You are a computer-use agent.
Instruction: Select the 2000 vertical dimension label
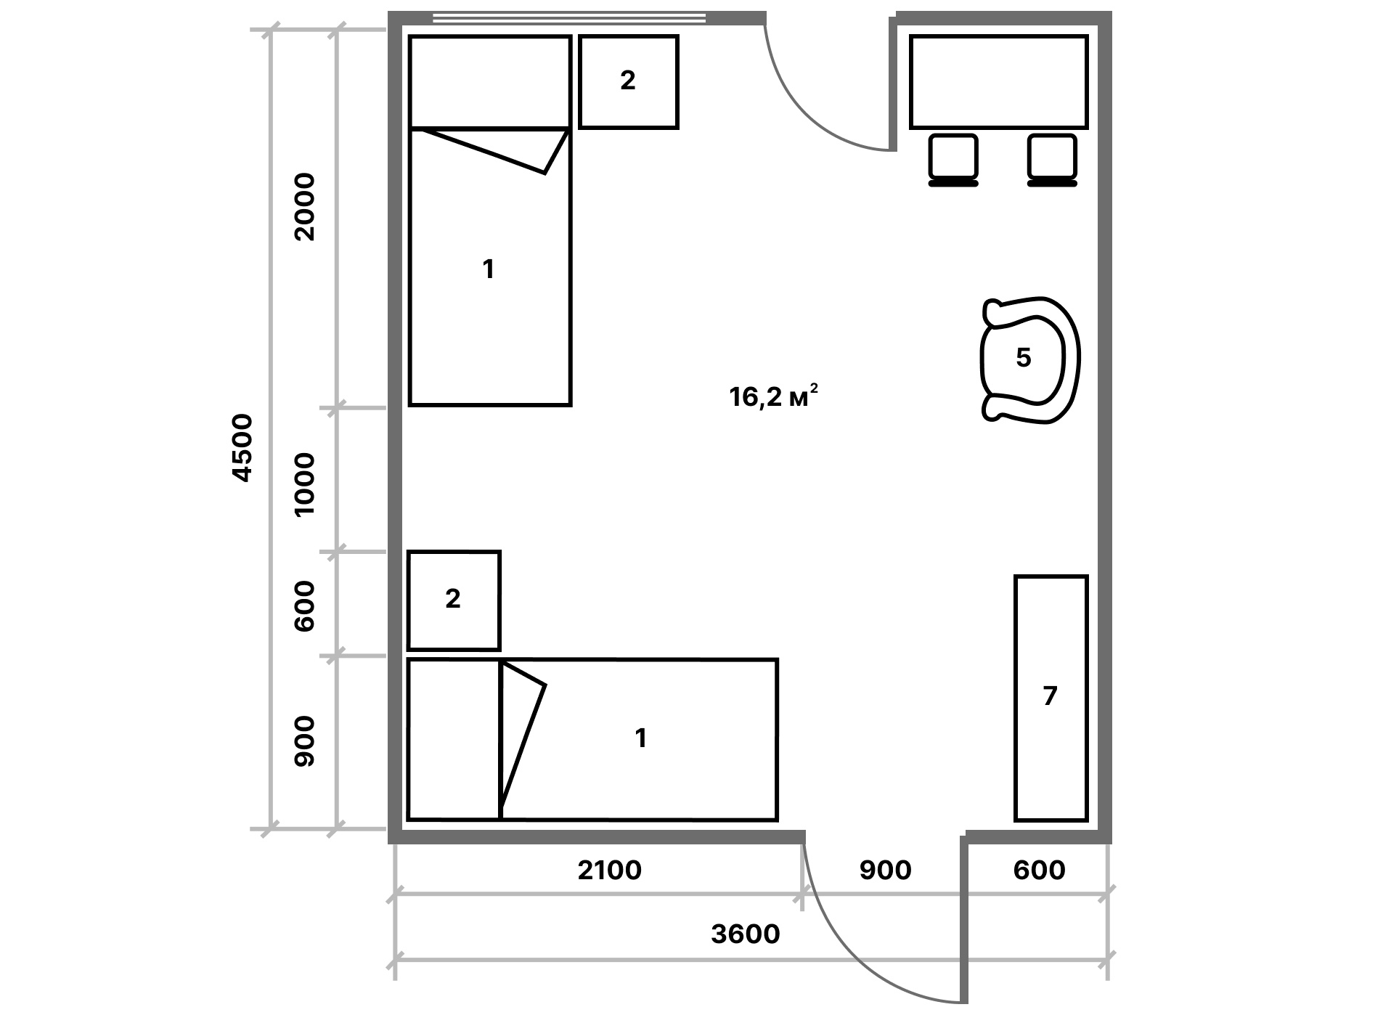click(304, 207)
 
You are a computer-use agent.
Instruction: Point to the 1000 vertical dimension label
click(304, 484)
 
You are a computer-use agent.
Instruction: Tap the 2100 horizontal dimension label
click(610, 870)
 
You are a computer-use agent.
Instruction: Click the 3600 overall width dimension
click(746, 934)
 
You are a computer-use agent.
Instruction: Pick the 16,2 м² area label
click(775, 396)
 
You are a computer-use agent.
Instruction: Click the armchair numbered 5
click(1030, 359)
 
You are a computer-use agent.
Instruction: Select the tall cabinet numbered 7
click(1051, 698)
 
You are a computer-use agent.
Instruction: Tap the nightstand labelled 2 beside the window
click(629, 82)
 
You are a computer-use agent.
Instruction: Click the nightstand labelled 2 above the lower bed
click(454, 600)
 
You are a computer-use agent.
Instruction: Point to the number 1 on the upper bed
click(489, 269)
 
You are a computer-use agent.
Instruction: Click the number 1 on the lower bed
click(640, 738)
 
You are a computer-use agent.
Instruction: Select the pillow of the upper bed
click(490, 82)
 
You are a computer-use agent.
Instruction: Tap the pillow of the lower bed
click(454, 739)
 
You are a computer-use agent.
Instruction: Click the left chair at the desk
click(953, 160)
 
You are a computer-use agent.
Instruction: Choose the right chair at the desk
click(1052, 160)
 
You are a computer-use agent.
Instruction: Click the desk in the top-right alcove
click(999, 82)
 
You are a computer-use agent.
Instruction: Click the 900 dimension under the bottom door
click(885, 870)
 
